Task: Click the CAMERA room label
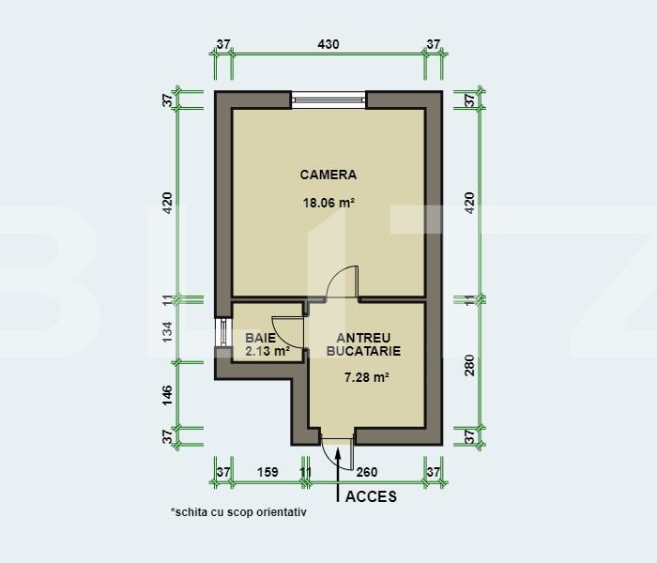point(328,175)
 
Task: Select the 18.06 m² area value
point(328,202)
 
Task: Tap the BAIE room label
point(260,337)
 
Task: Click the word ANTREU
point(364,337)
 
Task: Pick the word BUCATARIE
point(364,351)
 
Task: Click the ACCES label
point(372,496)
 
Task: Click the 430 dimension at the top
point(328,44)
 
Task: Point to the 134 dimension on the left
point(168,331)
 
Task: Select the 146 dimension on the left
point(168,394)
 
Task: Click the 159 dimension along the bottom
point(267,472)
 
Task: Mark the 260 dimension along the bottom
point(369,472)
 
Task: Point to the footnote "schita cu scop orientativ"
point(238,513)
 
